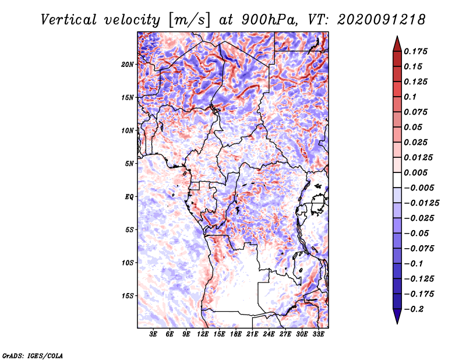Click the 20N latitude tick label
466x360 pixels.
(x=128, y=64)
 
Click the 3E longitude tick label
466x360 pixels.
(x=154, y=335)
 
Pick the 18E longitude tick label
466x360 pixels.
(x=236, y=335)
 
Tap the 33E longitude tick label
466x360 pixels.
(x=318, y=335)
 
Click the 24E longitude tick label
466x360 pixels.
(x=269, y=335)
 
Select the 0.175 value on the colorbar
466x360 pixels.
(x=417, y=51)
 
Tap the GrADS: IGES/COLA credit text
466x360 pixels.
(x=33, y=355)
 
